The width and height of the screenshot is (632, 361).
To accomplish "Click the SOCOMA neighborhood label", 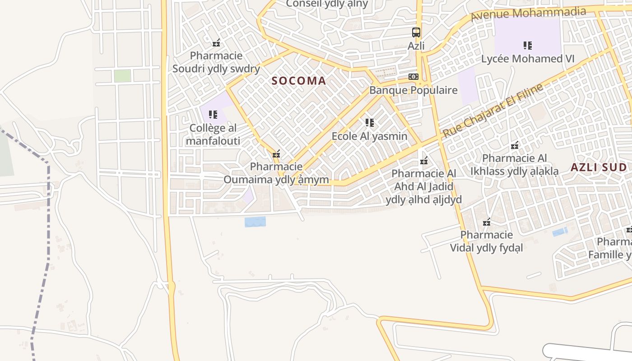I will point(299,81).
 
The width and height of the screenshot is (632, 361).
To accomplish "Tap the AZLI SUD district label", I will point(599,167).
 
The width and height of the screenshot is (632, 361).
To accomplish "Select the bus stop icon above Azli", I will point(416,32).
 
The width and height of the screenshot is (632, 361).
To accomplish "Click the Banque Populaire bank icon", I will point(414,77).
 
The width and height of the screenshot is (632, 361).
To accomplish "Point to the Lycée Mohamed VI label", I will point(528,59).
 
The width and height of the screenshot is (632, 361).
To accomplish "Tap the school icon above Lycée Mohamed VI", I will point(528,45).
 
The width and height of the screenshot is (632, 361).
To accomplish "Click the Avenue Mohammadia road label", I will point(528,14).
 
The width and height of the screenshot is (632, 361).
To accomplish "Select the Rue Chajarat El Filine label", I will point(493,111).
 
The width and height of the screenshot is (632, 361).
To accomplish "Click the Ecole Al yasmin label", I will point(369,136).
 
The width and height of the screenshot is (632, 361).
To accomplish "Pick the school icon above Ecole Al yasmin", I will point(370,122).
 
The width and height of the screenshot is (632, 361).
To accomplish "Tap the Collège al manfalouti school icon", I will point(213,115).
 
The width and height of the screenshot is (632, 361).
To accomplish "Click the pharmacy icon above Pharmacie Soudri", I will point(216,43).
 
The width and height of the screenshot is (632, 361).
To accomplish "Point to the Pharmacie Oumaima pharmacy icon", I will point(276,154).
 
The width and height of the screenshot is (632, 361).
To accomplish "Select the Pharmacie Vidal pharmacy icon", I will point(487,222).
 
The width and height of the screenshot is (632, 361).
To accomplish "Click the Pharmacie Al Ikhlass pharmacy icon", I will point(514,145).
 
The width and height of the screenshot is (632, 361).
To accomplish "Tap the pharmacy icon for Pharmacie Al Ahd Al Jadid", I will point(424,160).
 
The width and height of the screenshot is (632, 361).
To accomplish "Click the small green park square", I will point(122,76).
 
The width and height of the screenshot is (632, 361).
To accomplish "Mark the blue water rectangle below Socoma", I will point(255,222).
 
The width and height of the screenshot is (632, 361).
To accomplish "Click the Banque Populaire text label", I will point(414,90).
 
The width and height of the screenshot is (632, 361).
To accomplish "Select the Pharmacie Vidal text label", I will point(487,241).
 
